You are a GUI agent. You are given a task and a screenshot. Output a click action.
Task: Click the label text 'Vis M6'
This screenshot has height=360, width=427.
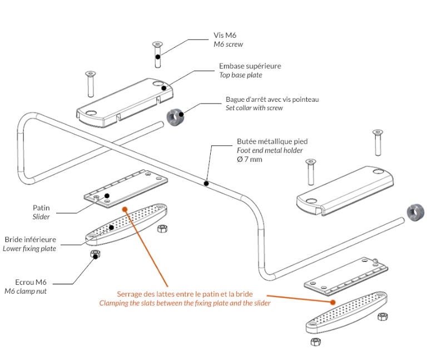(225, 35)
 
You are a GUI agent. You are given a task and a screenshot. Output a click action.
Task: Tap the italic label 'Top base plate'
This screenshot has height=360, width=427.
(241, 75)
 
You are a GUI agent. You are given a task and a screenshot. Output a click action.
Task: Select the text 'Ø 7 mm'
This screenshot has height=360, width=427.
(250, 159)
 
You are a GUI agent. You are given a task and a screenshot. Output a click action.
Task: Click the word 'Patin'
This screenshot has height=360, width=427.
(41, 208)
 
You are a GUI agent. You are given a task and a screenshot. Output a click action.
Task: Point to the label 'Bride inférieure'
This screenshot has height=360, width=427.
(31, 240)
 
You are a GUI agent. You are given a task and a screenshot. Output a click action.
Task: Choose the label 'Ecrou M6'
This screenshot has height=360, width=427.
(31, 282)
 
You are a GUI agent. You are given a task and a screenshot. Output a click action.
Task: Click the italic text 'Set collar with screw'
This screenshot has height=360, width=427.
(254, 108)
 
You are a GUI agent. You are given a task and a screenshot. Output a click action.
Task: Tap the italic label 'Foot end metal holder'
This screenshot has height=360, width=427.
(270, 150)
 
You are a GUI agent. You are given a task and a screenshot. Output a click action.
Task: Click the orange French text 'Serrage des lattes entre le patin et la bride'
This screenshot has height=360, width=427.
(185, 294)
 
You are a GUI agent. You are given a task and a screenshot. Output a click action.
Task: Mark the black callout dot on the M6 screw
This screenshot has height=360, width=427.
(158, 57)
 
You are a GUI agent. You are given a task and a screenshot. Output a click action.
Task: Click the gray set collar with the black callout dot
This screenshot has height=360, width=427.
(175, 117)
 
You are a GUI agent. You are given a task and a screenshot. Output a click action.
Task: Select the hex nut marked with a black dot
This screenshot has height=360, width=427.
(95, 254)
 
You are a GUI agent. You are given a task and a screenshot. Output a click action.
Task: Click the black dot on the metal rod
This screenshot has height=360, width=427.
(206, 184)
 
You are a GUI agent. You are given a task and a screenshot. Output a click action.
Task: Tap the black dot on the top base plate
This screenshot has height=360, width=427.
(163, 88)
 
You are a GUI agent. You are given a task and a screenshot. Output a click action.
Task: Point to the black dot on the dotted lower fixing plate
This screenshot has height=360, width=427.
(111, 227)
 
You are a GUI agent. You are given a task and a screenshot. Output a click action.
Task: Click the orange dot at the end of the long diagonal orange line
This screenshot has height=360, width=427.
(125, 209)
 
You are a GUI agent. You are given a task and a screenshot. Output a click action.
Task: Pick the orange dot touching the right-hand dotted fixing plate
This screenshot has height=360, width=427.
(333, 302)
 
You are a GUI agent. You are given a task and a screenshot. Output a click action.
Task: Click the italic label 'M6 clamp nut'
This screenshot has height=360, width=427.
(26, 291)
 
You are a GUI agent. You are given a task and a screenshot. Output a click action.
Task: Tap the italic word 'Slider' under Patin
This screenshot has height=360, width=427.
(41, 216)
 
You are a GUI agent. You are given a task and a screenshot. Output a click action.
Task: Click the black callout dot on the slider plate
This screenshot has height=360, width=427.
(107, 196)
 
